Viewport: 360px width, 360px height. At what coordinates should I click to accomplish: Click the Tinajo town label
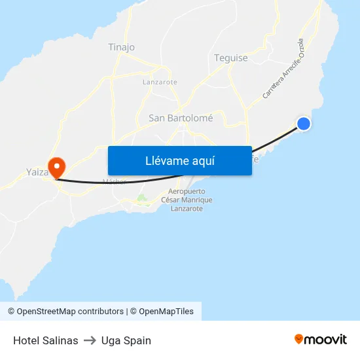[x=121, y=47]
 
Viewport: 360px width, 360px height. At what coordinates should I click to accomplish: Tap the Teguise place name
[x=231, y=58]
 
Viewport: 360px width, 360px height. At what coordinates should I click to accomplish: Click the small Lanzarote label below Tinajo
[x=160, y=82]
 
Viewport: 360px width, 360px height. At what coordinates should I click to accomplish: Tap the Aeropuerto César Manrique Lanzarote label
[x=187, y=200]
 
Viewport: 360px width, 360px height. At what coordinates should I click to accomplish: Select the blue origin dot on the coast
[x=304, y=124]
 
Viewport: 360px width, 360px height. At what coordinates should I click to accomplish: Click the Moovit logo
[x=320, y=339]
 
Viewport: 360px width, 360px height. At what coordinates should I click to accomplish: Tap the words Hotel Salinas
[x=46, y=340]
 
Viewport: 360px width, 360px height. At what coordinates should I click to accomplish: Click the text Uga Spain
[x=126, y=340]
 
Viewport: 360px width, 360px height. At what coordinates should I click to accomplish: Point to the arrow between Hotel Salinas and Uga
[x=90, y=340]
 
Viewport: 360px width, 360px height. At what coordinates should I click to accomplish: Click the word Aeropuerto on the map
[x=187, y=191]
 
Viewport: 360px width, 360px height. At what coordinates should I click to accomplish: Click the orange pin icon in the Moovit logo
[x=299, y=339]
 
